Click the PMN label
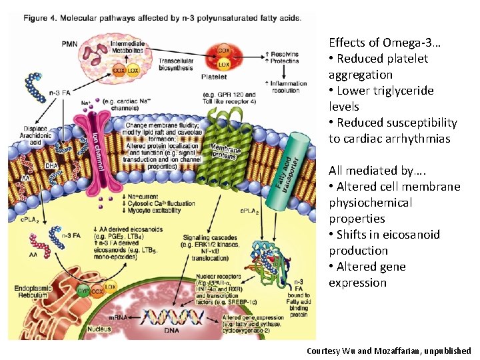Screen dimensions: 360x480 (x=69, y=44)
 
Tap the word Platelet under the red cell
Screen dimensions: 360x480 (x=214, y=77)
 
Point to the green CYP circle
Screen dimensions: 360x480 (x=83, y=292)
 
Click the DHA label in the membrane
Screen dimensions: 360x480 (x=51, y=166)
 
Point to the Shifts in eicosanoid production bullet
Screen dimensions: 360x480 (x=383, y=243)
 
